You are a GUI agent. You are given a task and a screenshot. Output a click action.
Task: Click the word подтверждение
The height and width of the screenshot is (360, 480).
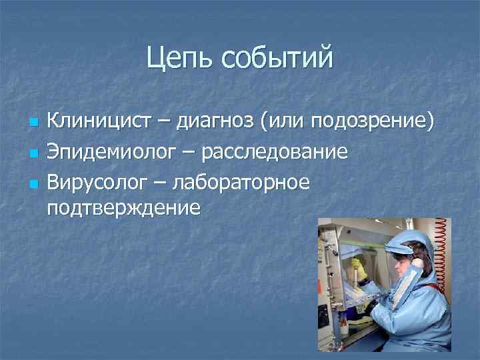(124, 208)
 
